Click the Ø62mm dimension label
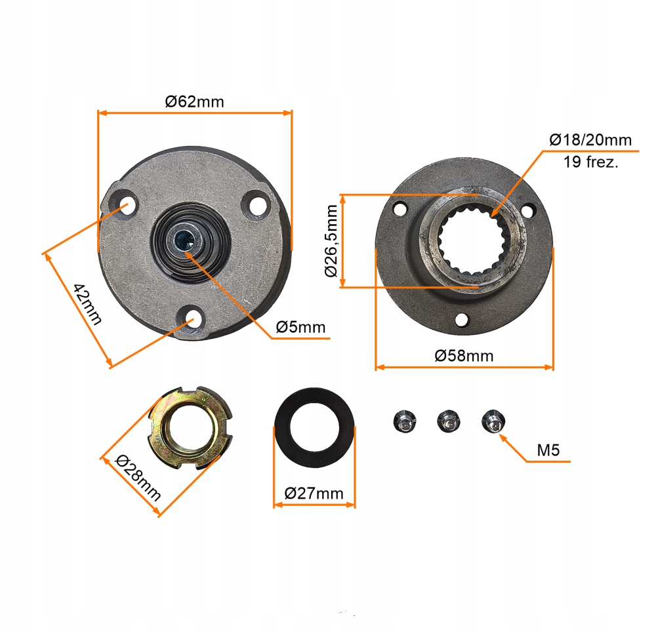(195, 102)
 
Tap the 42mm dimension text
(87, 304)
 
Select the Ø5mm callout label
(300, 327)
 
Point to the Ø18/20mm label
(590, 140)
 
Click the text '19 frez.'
(590, 162)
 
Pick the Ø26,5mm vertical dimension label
(331, 240)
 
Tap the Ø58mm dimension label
(464, 356)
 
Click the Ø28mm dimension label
(138, 478)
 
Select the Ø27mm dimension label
(314, 493)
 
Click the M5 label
(548, 450)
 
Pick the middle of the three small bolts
(449, 421)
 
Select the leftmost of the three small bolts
(405, 421)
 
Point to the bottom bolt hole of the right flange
(461, 320)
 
